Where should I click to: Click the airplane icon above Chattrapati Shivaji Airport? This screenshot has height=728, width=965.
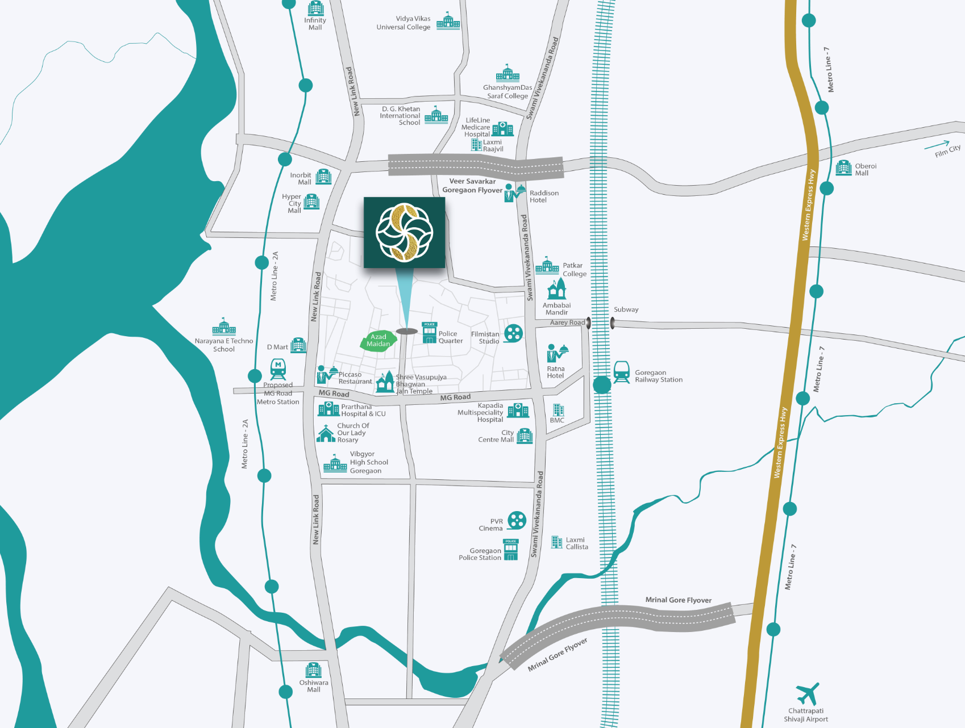click(808, 694)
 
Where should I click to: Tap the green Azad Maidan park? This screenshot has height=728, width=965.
click(378, 341)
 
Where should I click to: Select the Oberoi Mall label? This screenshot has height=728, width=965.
click(865, 169)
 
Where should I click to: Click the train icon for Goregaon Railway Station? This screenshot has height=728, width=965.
click(621, 373)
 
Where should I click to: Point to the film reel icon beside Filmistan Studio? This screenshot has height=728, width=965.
click(513, 333)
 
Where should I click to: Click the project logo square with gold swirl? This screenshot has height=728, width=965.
click(404, 232)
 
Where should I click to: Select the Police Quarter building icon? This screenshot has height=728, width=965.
click(429, 333)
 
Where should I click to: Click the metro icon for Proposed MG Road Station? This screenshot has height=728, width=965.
click(278, 369)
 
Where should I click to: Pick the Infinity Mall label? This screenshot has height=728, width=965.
click(315, 24)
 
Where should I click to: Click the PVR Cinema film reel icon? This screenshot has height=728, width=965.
click(517, 520)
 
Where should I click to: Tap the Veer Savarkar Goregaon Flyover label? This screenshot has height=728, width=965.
click(472, 186)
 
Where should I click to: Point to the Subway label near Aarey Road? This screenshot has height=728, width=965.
click(626, 309)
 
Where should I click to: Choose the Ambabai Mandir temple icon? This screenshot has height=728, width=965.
click(556, 289)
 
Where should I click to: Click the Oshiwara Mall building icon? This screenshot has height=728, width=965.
click(313, 670)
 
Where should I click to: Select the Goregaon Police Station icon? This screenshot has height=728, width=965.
click(511, 550)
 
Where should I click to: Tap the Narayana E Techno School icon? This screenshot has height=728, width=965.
click(224, 327)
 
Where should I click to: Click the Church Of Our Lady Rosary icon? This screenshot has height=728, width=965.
click(326, 433)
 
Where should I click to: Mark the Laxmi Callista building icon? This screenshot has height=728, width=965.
click(557, 542)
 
